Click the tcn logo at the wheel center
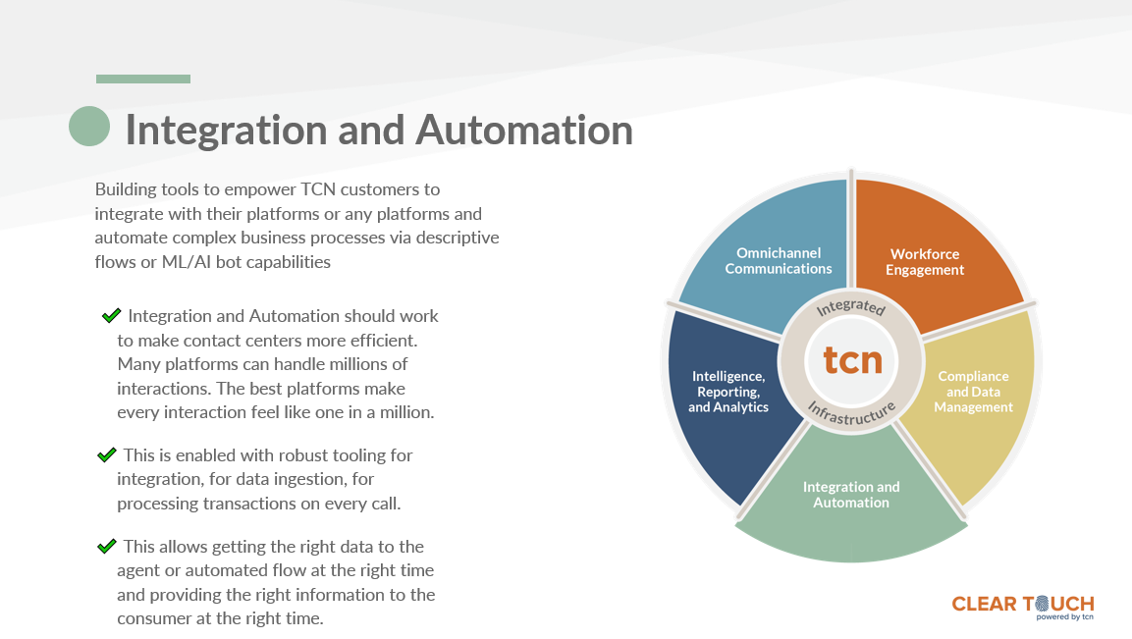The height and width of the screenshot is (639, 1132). [851, 360]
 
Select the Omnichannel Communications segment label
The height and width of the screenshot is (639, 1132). [778, 261]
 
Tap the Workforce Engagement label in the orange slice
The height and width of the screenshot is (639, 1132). [925, 262]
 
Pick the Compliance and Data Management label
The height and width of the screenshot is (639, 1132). [973, 392]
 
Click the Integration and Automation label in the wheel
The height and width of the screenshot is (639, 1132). [851, 495]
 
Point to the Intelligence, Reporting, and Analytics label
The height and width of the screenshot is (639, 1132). [728, 392]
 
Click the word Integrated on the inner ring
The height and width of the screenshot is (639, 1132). [851, 308]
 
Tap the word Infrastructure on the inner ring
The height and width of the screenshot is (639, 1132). [851, 413]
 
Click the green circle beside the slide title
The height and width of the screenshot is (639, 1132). [89, 127]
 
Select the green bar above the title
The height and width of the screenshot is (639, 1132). [142, 79]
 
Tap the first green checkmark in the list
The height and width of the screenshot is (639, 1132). [111, 315]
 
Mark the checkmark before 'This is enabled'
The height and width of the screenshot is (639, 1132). [107, 455]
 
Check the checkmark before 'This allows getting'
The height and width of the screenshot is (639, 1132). [107, 546]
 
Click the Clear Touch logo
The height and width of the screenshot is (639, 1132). [1022, 604]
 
